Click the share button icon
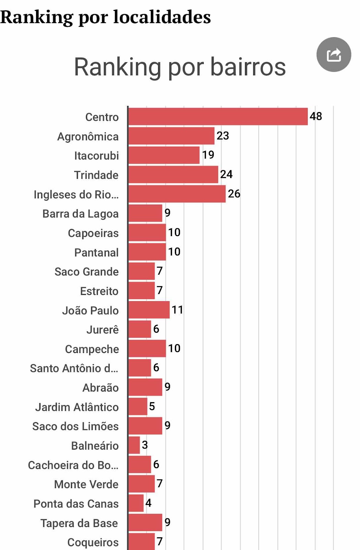click(334, 55)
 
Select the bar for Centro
click(218, 117)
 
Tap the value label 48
click(316, 116)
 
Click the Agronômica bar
click(171, 136)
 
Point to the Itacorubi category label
click(97, 156)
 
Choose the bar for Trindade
click(173, 175)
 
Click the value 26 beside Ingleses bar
click(234, 194)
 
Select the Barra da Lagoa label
click(80, 214)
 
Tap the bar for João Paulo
click(149, 310)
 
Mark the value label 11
click(177, 310)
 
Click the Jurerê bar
click(139, 329)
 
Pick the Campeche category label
click(92, 349)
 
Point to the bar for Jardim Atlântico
click(138, 406)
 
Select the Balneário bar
click(134, 445)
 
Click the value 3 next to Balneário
click(145, 445)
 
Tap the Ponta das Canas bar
click(136, 503)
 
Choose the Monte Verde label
click(86, 484)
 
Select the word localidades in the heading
click(162, 17)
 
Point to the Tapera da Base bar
click(145, 522)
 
